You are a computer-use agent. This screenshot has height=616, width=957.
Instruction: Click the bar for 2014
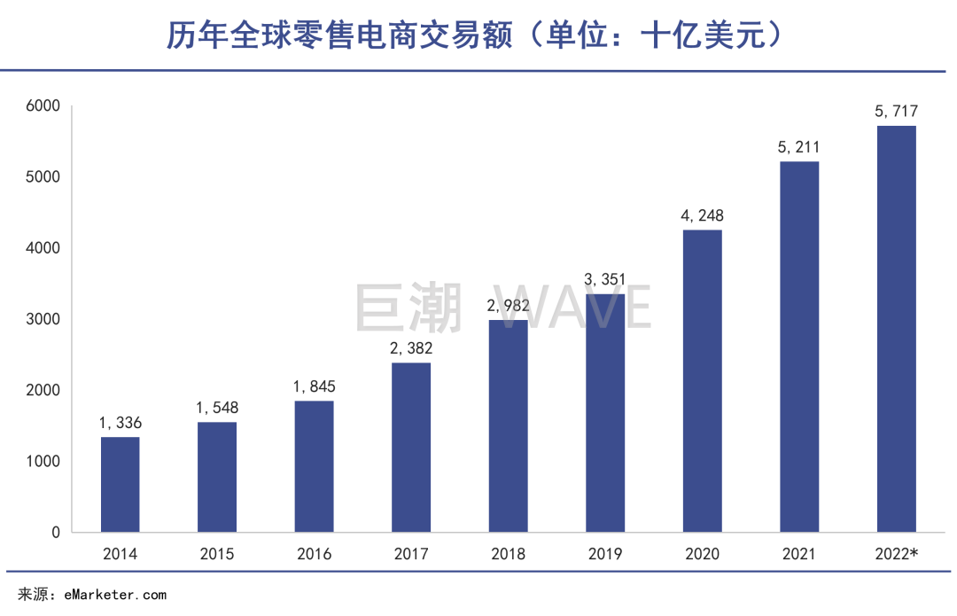[120, 485]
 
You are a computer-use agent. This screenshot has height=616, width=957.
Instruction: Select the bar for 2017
[411, 448]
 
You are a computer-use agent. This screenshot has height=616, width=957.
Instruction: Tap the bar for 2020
[702, 381]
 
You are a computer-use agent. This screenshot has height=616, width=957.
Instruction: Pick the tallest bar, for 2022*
[896, 329]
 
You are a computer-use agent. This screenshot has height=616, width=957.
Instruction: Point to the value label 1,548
[217, 408]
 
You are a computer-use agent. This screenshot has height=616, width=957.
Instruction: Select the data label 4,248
[702, 215]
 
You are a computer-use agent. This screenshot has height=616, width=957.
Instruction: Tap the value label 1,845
[314, 386]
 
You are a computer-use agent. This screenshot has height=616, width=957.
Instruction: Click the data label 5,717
[896, 112]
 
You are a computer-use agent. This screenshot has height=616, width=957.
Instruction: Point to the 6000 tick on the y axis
[42, 106]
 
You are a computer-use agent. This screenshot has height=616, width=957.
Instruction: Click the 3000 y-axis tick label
[42, 319]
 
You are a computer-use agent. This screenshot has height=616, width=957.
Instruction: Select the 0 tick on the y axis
[54, 533]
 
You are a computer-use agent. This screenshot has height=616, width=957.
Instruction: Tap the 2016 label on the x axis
[314, 555]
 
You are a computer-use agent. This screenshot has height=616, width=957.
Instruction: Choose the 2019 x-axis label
[605, 555]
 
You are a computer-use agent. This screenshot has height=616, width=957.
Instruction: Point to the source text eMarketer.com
[114, 595]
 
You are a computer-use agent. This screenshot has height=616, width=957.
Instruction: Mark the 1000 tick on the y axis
[42, 462]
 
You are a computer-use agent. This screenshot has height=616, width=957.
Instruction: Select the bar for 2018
[508, 426]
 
